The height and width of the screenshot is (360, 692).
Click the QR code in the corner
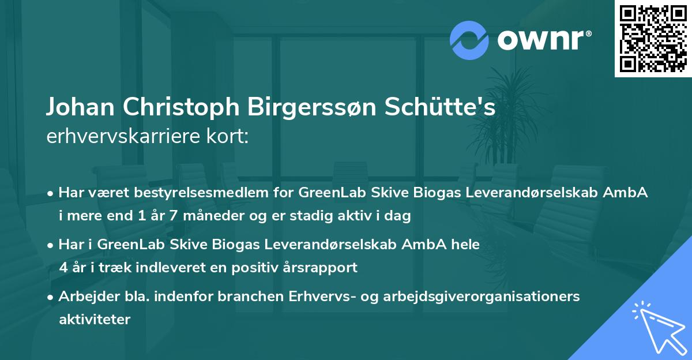[653, 38]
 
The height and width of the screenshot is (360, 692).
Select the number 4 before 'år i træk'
[63, 267]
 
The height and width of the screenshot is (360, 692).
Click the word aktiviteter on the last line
[95, 319]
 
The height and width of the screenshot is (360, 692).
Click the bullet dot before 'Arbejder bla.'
[51, 297]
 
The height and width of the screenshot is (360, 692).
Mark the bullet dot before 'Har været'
[51, 193]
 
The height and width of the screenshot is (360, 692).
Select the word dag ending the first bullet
[398, 216]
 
